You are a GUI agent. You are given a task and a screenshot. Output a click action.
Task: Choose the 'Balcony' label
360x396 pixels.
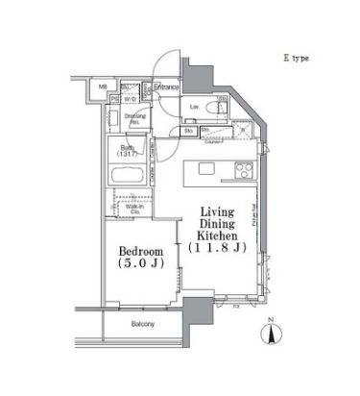145,324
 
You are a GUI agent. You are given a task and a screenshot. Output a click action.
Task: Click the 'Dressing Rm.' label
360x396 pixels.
134,118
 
